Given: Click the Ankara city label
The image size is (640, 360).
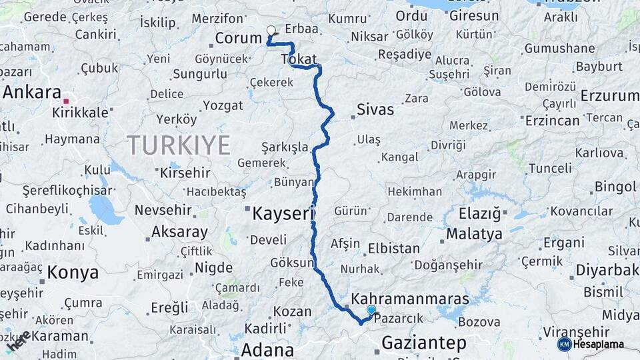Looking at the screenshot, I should (x=32, y=93).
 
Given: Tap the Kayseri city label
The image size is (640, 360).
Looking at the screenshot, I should (x=283, y=214).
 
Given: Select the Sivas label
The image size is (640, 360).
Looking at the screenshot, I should (x=375, y=109).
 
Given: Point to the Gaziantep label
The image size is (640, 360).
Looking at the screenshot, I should (x=423, y=343).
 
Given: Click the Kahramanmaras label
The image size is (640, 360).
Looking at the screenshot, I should (x=410, y=298).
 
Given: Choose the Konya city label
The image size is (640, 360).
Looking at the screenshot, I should (x=73, y=272).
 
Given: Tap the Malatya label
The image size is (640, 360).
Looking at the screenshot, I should (x=474, y=234).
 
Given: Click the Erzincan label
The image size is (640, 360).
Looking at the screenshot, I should (x=552, y=121).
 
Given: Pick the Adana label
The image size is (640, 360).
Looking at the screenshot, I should (x=267, y=350).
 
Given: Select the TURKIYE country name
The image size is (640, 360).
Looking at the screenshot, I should (x=179, y=145).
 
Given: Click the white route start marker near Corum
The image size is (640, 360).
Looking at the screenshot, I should (x=271, y=30).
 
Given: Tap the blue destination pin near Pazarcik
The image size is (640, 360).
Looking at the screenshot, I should (x=371, y=310).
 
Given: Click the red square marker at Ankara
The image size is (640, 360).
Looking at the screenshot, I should (x=66, y=101).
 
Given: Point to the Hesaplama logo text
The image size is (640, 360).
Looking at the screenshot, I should (x=599, y=344).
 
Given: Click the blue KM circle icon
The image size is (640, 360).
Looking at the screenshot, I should (x=565, y=344).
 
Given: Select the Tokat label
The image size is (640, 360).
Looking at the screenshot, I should (x=299, y=59).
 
